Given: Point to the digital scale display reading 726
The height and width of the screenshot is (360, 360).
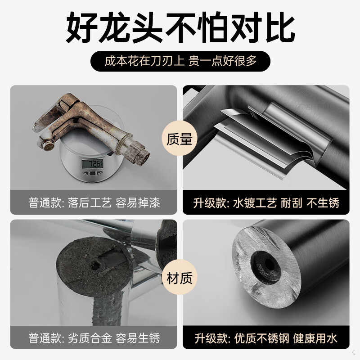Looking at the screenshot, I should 95,163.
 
